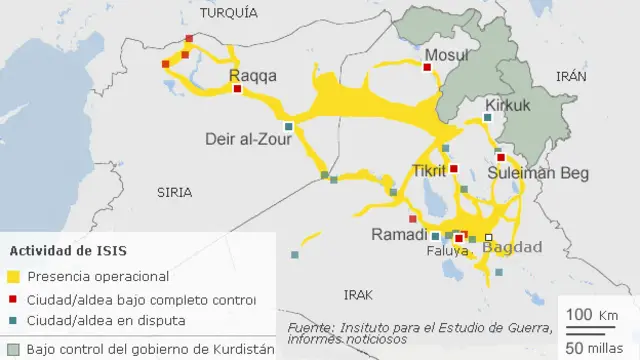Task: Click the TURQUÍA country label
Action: (228, 12)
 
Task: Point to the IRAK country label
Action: (358, 294)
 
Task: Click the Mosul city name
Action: (445, 54)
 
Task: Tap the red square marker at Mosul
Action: (427, 68)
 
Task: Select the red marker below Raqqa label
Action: (237, 89)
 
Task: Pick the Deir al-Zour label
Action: (247, 139)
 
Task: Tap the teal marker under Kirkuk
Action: (487, 118)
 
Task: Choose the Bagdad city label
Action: (513, 246)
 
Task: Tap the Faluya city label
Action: (446, 251)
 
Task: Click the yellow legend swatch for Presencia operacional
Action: (13, 276)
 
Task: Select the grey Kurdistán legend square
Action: (11, 349)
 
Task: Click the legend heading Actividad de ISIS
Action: (68, 250)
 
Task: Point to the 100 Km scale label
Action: (592, 315)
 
